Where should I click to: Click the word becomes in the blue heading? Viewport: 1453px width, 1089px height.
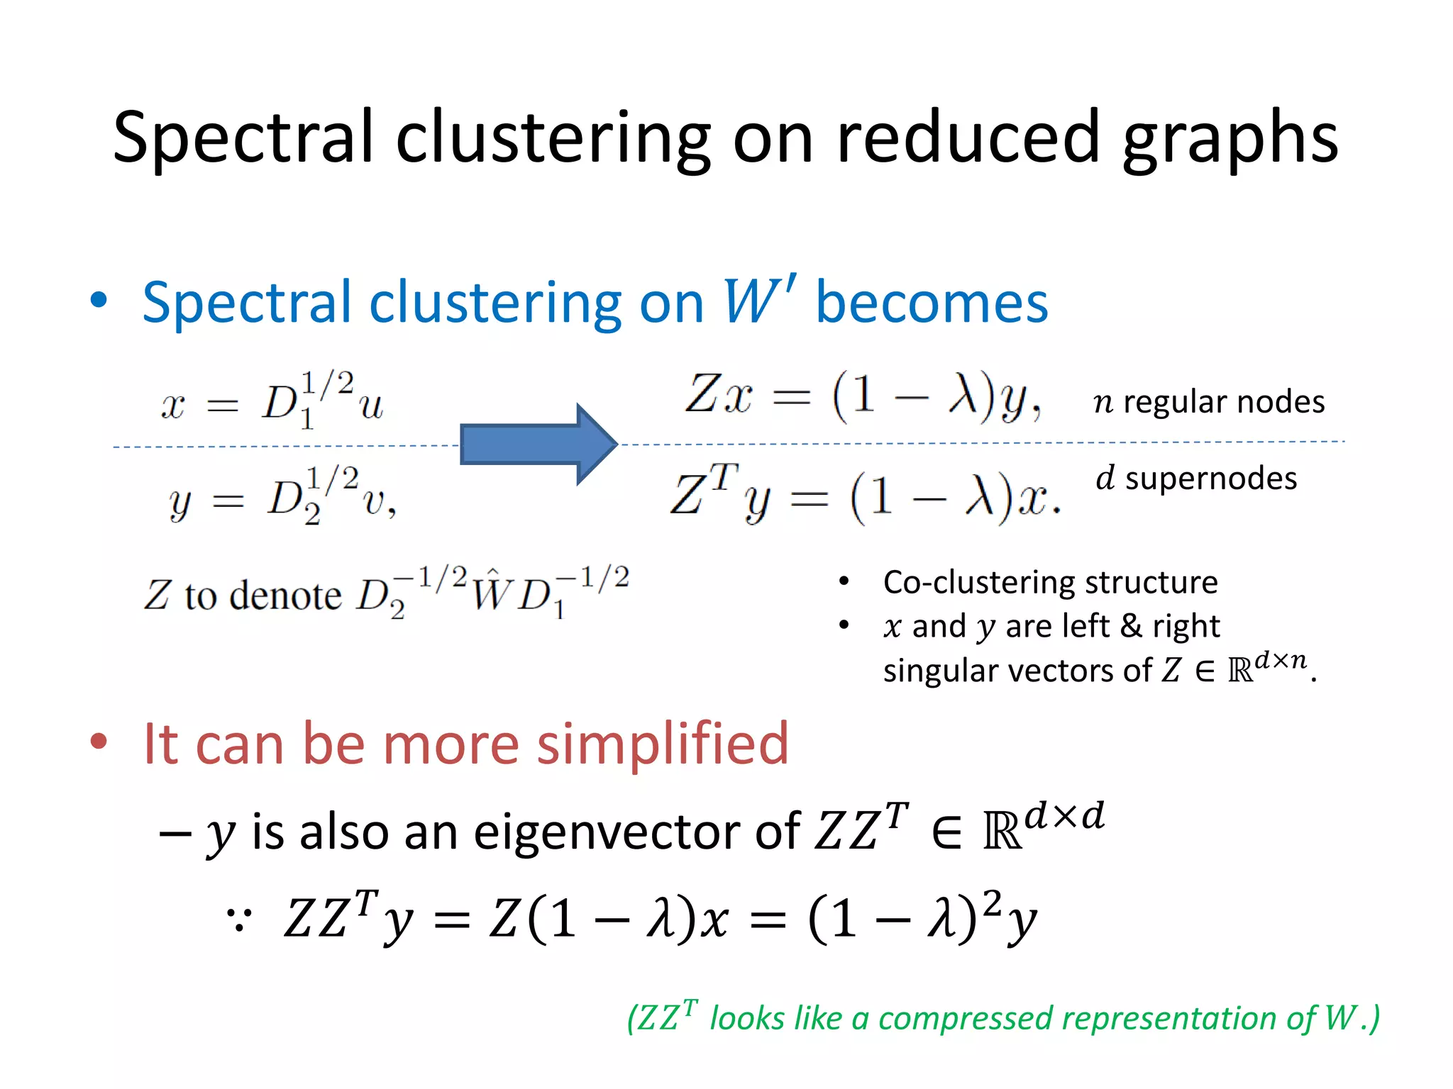tap(932, 303)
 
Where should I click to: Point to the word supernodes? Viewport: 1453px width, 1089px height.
tap(1211, 479)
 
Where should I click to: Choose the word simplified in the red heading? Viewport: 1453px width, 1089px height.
tap(663, 744)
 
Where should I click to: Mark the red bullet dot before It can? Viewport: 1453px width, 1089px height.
tap(99, 742)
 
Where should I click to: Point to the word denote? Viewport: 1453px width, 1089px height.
tap(287, 596)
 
